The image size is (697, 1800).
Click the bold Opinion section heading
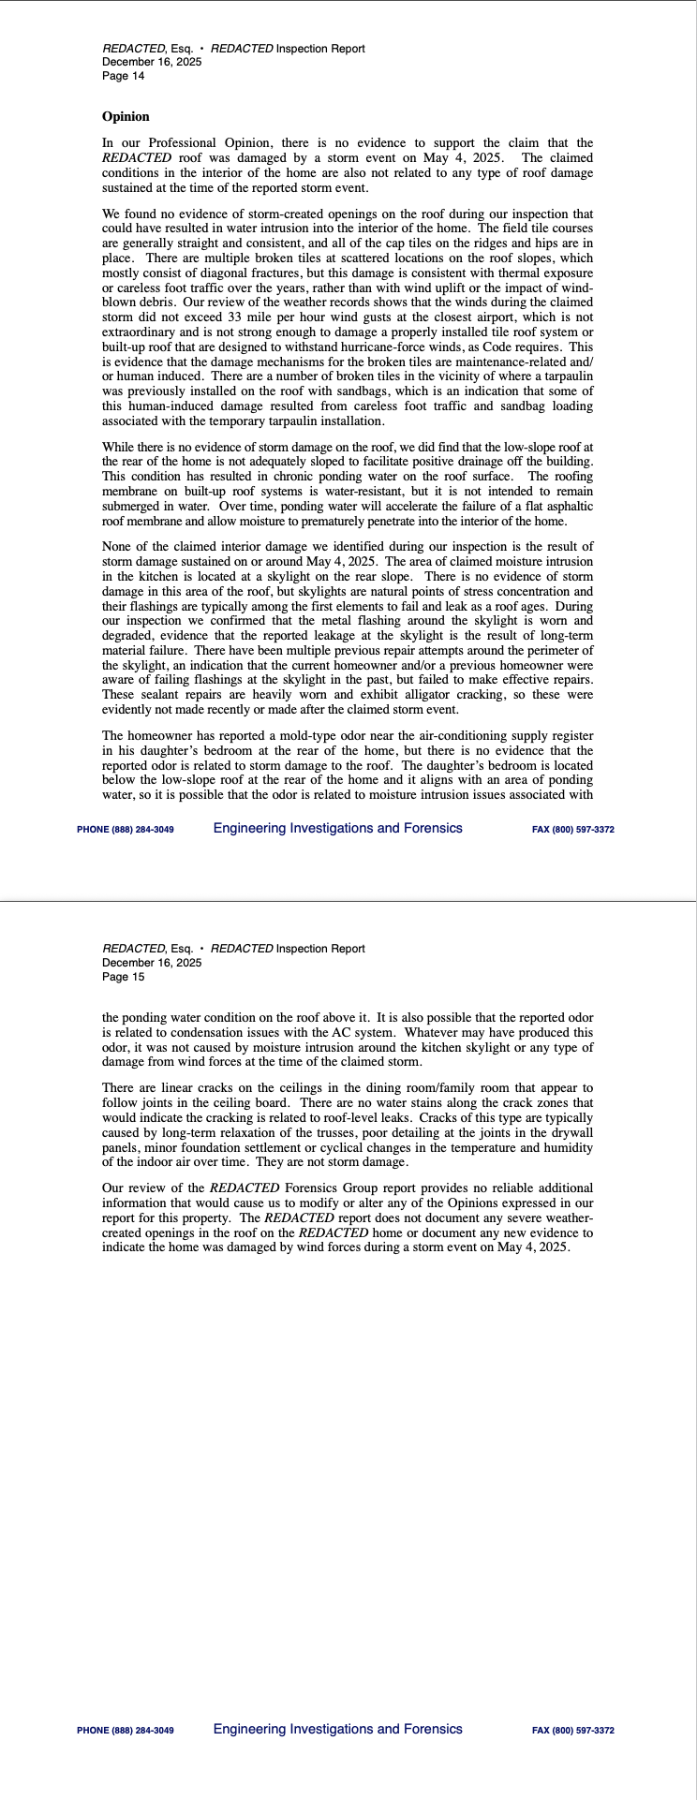tap(126, 117)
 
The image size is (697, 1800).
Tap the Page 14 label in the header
tap(124, 76)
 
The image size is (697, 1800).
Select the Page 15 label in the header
tap(124, 977)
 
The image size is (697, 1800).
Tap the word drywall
tap(571, 1133)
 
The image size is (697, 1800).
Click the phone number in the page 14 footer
tap(126, 830)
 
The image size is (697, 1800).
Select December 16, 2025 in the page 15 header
tap(152, 963)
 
